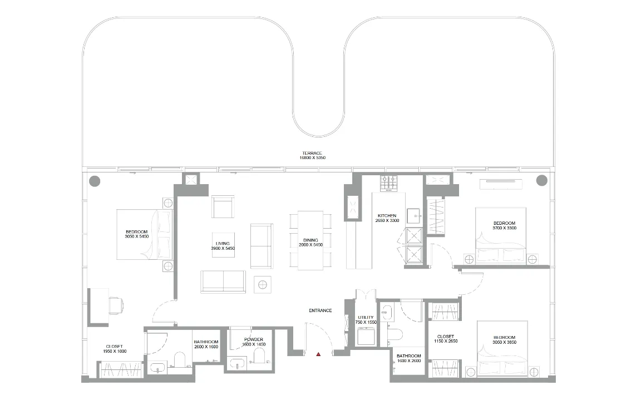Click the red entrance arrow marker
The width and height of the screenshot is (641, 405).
click(318, 353)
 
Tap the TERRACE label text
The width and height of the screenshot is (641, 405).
click(312, 153)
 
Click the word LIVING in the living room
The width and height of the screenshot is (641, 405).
click(223, 243)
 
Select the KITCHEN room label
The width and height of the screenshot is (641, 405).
click(387, 215)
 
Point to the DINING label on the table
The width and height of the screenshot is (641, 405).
click(310, 240)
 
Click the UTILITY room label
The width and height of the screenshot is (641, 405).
click(366, 317)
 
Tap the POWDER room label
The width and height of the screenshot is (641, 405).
click(253, 339)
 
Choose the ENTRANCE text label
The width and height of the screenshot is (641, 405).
click(320, 310)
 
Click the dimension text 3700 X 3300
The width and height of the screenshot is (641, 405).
click(505, 228)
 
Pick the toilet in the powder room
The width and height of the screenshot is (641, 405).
click(260, 355)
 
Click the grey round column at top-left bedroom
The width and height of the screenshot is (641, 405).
click(95, 180)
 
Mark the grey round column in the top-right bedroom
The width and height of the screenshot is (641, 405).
click(541, 180)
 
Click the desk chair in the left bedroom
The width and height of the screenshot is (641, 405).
click(116, 305)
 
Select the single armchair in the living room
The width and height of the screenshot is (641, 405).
click(223, 206)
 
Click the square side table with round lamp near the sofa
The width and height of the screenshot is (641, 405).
click(262, 284)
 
